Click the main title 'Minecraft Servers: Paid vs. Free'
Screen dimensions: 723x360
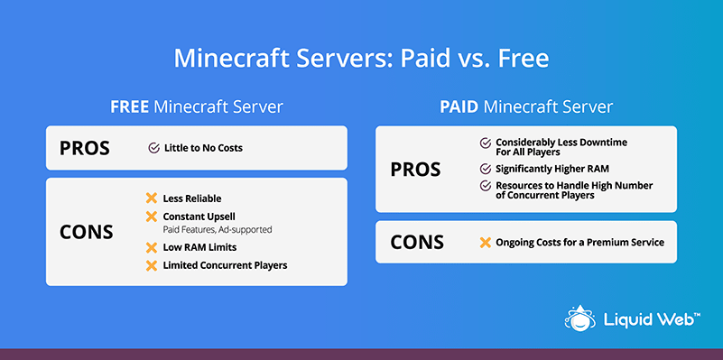(x=361, y=59)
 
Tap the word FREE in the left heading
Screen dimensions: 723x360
(x=129, y=107)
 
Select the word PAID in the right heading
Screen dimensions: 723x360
(x=459, y=107)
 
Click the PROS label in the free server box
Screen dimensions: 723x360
(x=85, y=148)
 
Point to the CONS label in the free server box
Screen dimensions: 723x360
(x=87, y=232)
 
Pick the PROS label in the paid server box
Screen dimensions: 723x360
(x=415, y=169)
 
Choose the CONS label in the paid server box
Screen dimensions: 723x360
(x=417, y=242)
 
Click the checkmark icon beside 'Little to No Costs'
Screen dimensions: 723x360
(x=154, y=148)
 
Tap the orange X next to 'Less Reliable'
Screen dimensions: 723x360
(x=152, y=198)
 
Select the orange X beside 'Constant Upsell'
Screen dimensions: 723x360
(x=152, y=217)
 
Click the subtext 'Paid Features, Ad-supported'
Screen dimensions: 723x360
(x=218, y=229)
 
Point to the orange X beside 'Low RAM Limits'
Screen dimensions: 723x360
(x=152, y=247)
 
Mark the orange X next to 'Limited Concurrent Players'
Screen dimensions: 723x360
(x=152, y=265)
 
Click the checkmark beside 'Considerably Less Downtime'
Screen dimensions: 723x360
(x=486, y=143)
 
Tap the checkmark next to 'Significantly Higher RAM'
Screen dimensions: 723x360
(x=486, y=169)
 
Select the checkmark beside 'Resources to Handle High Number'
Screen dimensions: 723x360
(x=486, y=186)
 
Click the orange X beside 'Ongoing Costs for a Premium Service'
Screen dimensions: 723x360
(x=485, y=243)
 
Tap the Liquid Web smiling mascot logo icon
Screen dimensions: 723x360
(x=580, y=318)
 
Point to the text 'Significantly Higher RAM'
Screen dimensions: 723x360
(x=552, y=169)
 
